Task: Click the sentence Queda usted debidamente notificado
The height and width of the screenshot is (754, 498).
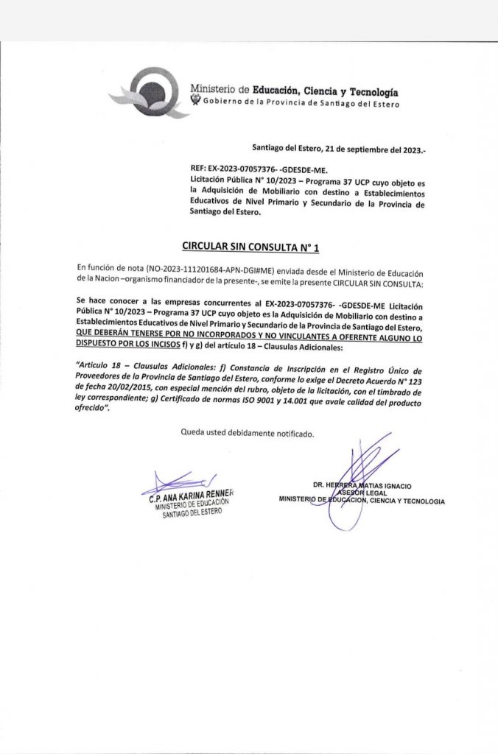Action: tap(248, 433)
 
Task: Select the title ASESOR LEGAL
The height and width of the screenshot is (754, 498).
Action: tap(362, 493)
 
